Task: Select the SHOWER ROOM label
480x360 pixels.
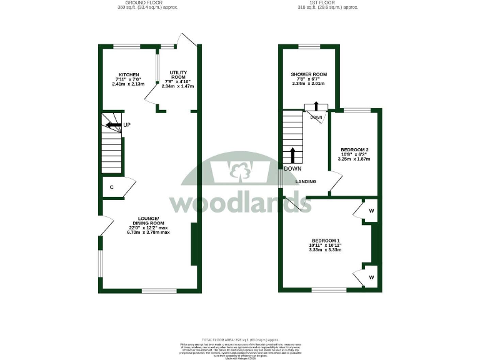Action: pos(309,74)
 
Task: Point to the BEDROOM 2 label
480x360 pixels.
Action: pos(354,150)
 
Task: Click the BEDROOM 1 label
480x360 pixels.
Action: pos(326,241)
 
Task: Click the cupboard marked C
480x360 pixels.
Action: pos(111,187)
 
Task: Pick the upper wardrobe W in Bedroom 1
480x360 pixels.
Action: pos(371,211)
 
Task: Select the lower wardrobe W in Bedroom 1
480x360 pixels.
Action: pos(371,276)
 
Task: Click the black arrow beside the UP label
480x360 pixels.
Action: pos(113,125)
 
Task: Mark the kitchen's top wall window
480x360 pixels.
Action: pos(126,46)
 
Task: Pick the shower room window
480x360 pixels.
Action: pos(309,46)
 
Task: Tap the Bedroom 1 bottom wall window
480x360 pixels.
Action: pos(329,290)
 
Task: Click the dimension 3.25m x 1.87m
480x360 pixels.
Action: pos(354,159)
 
